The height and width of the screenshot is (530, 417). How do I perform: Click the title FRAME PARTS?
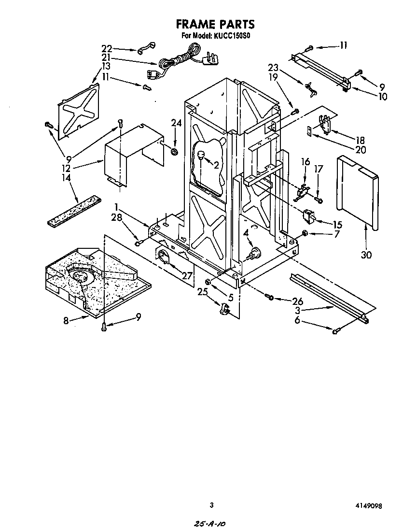(x=215, y=24)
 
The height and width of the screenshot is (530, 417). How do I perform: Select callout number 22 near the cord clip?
(x=107, y=48)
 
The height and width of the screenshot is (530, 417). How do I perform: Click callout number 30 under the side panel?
(x=366, y=255)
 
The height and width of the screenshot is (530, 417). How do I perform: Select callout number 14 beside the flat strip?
(x=66, y=178)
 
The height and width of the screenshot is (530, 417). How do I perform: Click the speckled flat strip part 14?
(x=75, y=211)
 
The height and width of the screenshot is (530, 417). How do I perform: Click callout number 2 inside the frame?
(x=216, y=165)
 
